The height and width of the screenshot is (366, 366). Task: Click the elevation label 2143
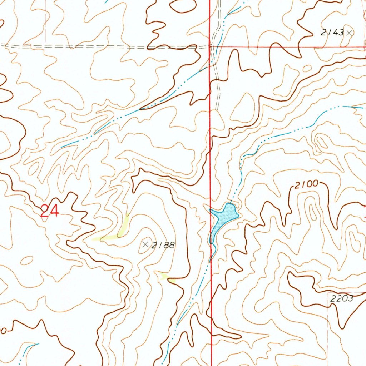(x=332, y=33)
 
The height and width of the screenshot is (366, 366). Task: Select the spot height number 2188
(x=163, y=245)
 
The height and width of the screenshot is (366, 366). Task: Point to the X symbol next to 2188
(x=145, y=245)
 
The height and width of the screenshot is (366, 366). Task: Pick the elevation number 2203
(x=342, y=299)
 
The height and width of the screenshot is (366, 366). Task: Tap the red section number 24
(x=49, y=211)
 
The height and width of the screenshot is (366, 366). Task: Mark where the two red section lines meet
(x=211, y=46)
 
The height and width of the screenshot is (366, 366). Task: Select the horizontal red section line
(x=286, y=47)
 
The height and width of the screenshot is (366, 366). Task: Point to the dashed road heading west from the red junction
(x=107, y=46)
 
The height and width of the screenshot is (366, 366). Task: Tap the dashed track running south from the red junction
(x=217, y=93)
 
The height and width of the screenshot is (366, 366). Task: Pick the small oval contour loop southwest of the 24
(x=27, y=261)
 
